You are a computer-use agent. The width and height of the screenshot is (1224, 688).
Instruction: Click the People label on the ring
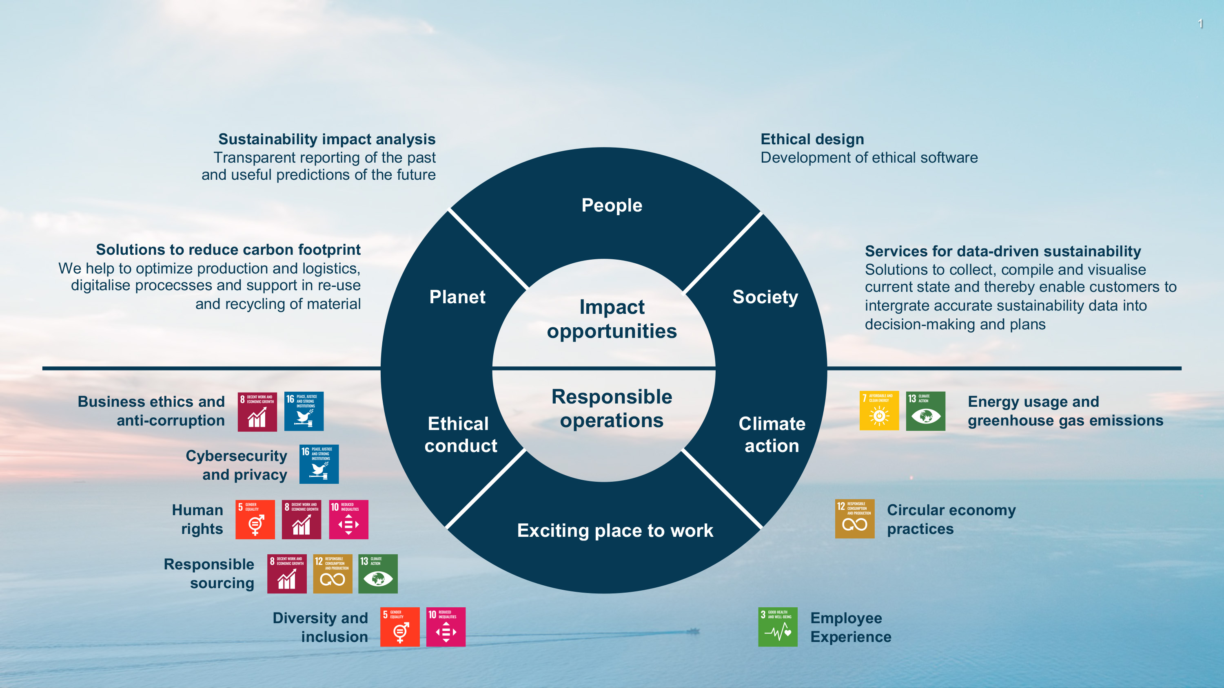pyautogui.click(x=612, y=205)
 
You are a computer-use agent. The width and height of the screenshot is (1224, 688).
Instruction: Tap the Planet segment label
pyautogui.click(x=457, y=297)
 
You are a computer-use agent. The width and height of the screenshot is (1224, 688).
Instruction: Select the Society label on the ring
pyautogui.click(x=765, y=297)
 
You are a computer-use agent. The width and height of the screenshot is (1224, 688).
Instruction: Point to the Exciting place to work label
pyautogui.click(x=615, y=530)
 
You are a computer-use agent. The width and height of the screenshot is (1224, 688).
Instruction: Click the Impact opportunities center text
pyautogui.click(x=612, y=319)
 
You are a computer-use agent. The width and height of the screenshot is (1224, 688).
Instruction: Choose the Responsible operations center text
pyautogui.click(x=612, y=408)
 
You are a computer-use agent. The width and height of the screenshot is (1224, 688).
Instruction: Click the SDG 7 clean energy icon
pyautogui.click(x=879, y=411)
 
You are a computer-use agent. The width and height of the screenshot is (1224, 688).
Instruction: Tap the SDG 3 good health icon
pyautogui.click(x=778, y=627)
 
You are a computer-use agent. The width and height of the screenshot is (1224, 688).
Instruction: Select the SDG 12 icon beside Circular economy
pyautogui.click(x=854, y=518)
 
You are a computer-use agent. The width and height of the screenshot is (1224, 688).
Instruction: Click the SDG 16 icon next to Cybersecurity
pyautogui.click(x=319, y=464)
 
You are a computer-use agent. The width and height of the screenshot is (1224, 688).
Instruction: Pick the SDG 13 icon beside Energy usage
pyautogui.click(x=925, y=411)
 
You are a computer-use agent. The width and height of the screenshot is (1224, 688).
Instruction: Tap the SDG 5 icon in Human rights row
pyautogui.click(x=255, y=519)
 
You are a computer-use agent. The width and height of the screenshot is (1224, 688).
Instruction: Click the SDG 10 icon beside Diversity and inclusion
pyautogui.click(x=446, y=627)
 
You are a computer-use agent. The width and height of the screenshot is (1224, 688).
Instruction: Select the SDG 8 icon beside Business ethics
pyautogui.click(x=257, y=411)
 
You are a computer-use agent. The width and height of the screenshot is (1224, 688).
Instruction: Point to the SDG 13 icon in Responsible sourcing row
pyautogui.click(x=378, y=573)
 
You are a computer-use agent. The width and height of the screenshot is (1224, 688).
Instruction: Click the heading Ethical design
pyautogui.click(x=812, y=139)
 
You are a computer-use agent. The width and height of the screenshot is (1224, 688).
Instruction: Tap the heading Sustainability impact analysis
pyautogui.click(x=326, y=139)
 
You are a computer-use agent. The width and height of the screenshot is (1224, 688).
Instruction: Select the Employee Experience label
pyautogui.click(x=851, y=627)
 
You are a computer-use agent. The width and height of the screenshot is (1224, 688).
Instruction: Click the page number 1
pyautogui.click(x=1200, y=24)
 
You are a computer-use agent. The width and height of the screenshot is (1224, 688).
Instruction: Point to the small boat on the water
pyautogui.click(x=693, y=631)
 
